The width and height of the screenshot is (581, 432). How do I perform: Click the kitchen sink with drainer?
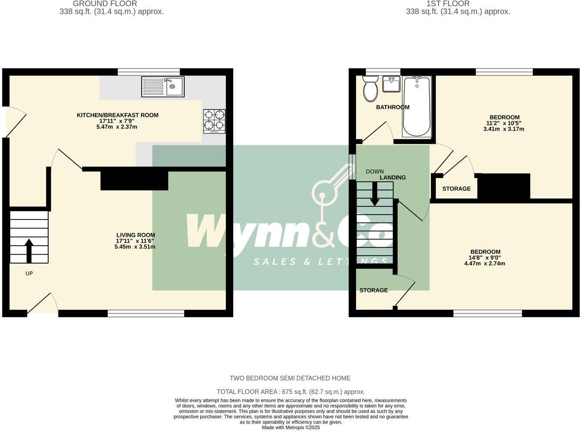(163, 86)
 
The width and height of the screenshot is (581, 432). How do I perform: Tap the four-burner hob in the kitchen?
(214, 121)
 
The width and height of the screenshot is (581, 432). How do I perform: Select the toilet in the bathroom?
(371, 88)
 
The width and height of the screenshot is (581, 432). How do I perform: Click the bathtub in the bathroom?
(417, 106)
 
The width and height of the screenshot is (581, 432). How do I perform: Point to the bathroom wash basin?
(391, 84)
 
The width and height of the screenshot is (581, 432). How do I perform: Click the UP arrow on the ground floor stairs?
(29, 250)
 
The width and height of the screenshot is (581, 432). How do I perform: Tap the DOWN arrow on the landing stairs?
(374, 194)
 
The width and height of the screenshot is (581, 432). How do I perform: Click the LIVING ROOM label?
(135, 235)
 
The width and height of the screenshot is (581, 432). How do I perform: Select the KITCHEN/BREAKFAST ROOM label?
(117, 115)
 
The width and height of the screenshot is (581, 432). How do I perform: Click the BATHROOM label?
(393, 107)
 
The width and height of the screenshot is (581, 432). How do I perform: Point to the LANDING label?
(393, 178)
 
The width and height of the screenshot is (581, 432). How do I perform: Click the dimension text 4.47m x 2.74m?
(484, 263)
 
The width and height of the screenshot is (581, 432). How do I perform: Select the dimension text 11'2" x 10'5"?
(504, 123)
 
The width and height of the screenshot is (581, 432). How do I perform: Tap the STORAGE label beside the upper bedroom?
(456, 189)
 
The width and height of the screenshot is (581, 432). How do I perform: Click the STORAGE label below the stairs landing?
(374, 290)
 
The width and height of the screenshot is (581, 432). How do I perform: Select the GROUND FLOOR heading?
(105, 4)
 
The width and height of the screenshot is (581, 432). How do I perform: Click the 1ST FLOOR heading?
(448, 4)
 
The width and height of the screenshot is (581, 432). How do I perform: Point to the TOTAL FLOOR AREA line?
(290, 392)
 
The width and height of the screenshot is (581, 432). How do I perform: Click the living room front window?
(146, 313)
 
